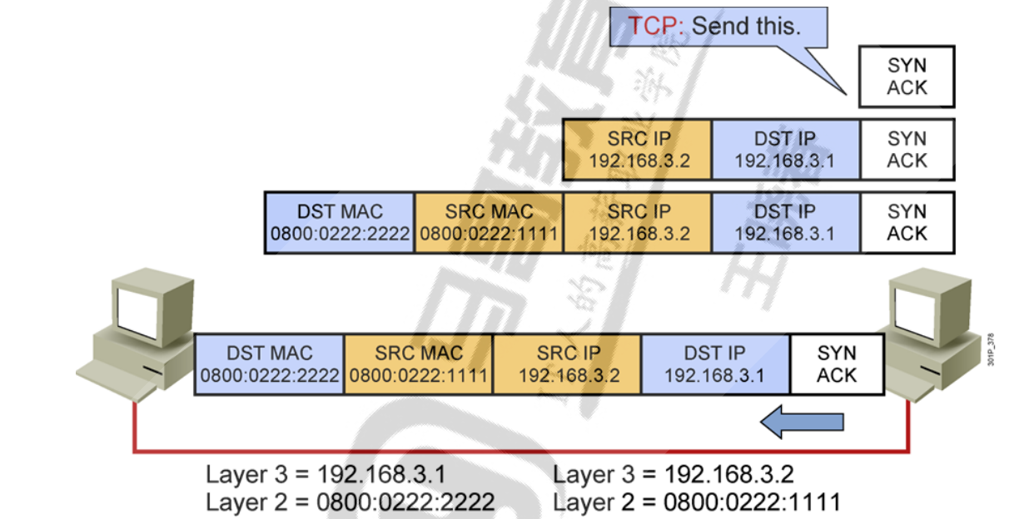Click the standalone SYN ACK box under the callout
click(907, 77)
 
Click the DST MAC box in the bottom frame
click(269, 364)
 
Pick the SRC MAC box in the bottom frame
click(418, 364)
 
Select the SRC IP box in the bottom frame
click(568, 364)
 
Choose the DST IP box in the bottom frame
click(714, 364)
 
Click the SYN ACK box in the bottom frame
click(836, 364)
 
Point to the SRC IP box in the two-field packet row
click(638, 150)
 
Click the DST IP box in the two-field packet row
click(785, 150)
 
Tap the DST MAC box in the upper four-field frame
click(340, 223)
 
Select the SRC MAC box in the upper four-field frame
click(489, 223)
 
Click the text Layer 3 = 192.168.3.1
click(326, 475)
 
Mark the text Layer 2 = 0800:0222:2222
click(350, 502)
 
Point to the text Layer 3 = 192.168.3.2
click(674, 475)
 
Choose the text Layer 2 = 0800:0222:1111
click(697, 502)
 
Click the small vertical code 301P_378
click(991, 350)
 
